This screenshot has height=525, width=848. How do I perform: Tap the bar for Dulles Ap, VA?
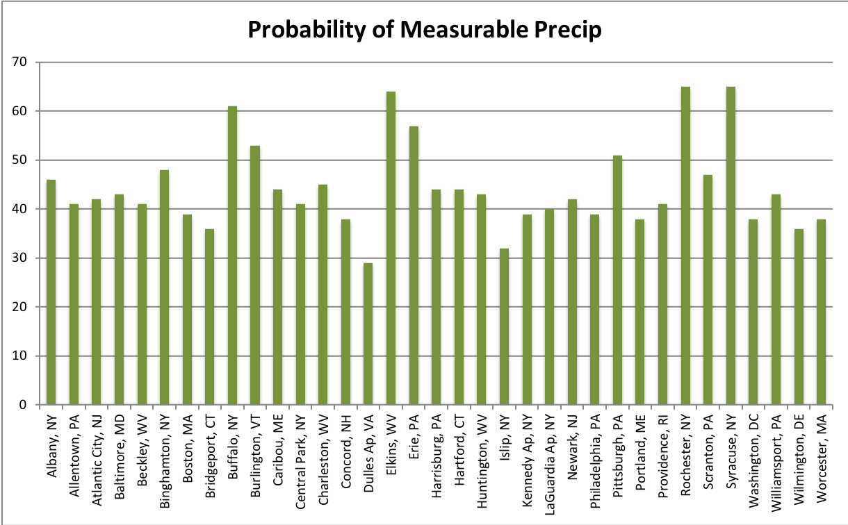pos(368,334)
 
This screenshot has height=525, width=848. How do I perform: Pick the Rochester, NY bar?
pos(685,246)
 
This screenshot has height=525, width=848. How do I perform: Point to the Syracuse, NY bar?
pos(731,246)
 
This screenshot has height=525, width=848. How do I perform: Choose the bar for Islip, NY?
pos(504,326)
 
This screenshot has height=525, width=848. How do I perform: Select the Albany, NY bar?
pos(51,292)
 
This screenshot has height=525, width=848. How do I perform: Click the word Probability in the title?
pos(311,31)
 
